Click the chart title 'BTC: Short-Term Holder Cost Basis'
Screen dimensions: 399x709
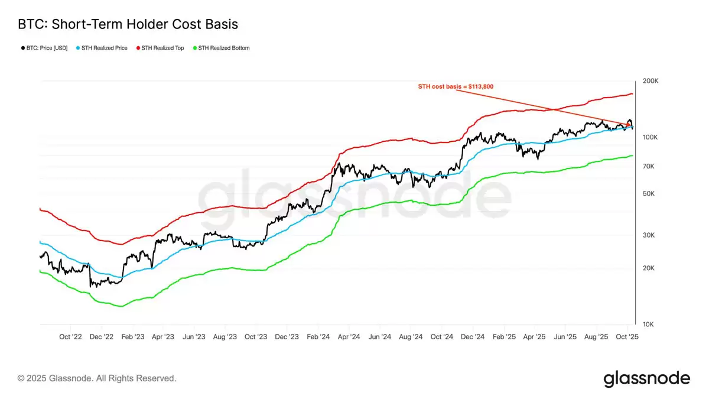128,24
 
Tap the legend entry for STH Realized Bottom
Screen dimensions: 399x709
223,48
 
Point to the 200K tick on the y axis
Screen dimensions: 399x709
650,81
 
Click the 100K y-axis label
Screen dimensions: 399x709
650,137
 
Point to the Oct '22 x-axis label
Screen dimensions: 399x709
70,337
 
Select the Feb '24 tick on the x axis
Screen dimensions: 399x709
318,337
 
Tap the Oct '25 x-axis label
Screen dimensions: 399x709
627,337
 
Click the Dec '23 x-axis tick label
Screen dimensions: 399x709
287,337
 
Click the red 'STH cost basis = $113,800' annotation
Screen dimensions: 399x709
456,87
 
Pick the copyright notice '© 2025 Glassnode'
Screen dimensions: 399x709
97,378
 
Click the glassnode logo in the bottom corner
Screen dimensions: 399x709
646,378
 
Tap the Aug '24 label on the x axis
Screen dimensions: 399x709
410,337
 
